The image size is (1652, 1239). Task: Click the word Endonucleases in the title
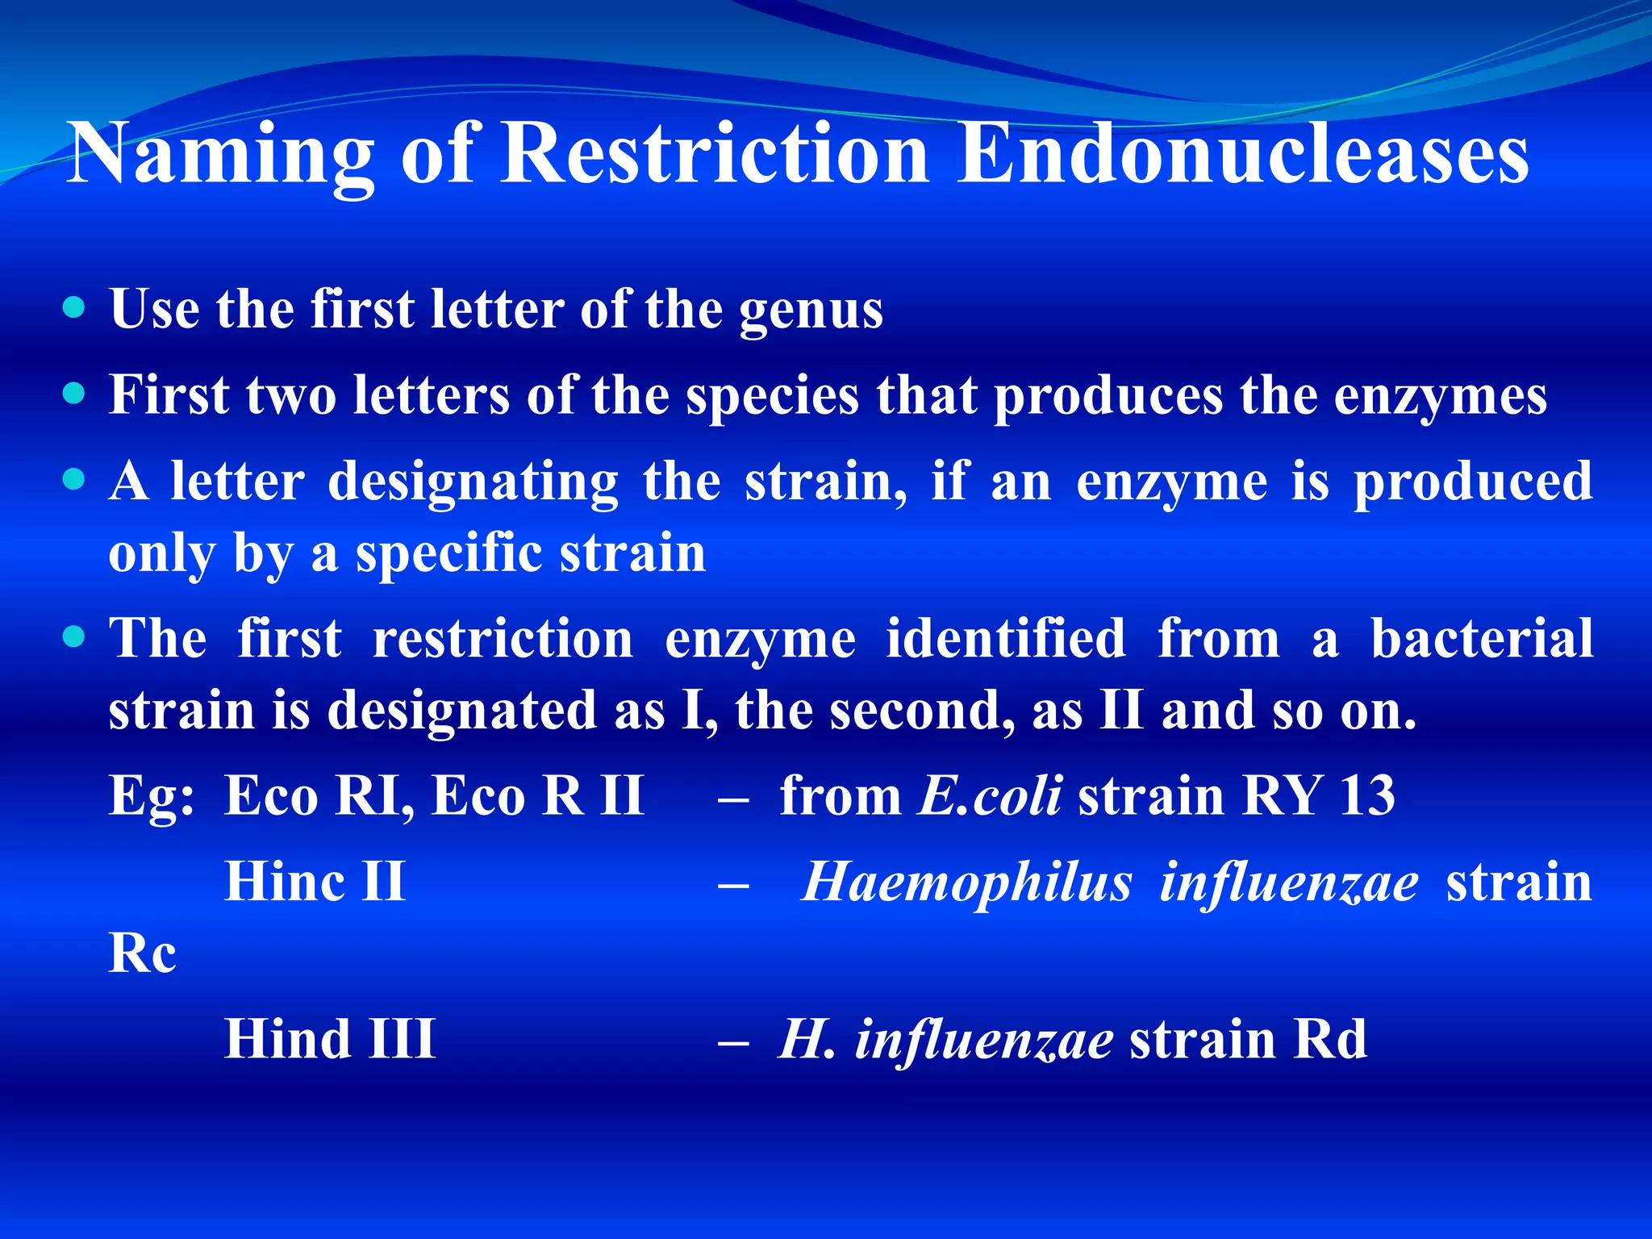[x=1242, y=153]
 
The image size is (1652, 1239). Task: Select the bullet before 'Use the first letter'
[x=73, y=307]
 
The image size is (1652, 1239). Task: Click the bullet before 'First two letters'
[x=73, y=393]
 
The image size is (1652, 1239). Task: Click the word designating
[x=473, y=483]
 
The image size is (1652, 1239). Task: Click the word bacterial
[x=1482, y=638]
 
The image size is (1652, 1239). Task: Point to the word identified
[x=1006, y=638]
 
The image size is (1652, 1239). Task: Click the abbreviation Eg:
[x=152, y=797]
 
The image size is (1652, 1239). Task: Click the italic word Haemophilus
[x=967, y=882]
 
